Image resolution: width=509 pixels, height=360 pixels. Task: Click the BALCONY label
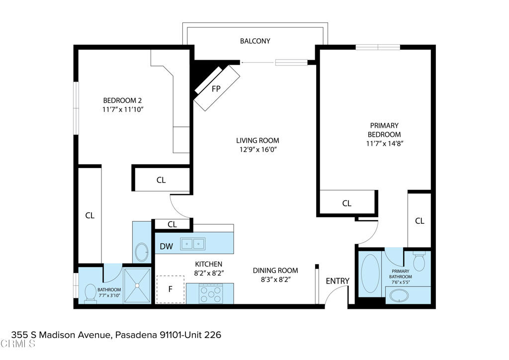coord(255,41)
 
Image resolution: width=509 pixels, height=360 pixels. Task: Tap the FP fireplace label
coord(216,89)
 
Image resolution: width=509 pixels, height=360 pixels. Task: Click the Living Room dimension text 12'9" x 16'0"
coord(257,150)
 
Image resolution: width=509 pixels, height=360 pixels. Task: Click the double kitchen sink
coord(193,244)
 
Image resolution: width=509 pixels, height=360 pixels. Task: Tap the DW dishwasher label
coord(167,246)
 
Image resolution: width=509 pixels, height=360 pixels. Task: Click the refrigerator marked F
coord(170,289)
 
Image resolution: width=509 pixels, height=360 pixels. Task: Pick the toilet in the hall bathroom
coord(90,292)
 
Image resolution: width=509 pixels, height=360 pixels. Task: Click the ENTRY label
coord(338,281)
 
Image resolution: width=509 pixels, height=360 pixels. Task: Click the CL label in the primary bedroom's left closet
coord(347,203)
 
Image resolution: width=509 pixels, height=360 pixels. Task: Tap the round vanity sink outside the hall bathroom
coord(142,252)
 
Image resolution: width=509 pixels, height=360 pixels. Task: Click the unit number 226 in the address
coord(212,335)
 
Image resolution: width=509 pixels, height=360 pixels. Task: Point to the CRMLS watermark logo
coord(17,344)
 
